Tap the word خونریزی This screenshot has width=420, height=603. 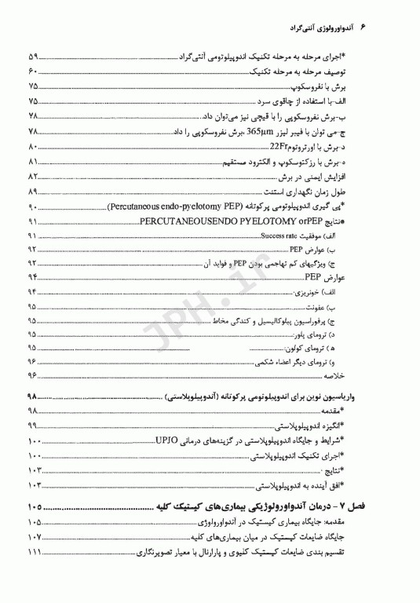click(x=359, y=291)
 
